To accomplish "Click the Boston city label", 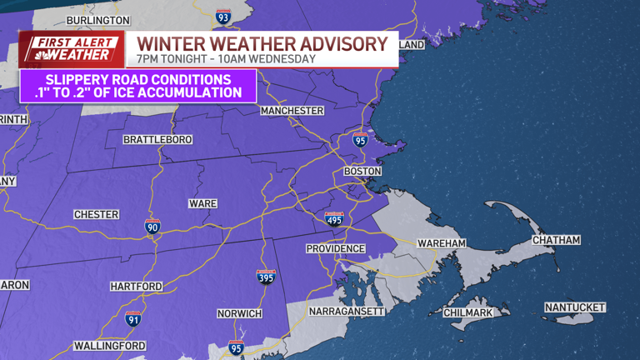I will click(x=362, y=171).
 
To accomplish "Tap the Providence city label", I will click(x=335, y=248).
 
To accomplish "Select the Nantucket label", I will click(x=575, y=307).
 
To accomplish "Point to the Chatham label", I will click(x=556, y=240).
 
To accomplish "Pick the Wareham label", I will click(x=442, y=242).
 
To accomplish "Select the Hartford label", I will click(x=136, y=286).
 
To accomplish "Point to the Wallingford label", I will click(x=109, y=345).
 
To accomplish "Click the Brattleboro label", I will click(x=157, y=138).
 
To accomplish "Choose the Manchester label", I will click(x=292, y=111).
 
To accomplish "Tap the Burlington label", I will click(x=98, y=19).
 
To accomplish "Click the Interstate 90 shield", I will click(x=152, y=226).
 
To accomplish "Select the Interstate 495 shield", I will click(x=333, y=219).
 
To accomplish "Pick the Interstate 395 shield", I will click(x=266, y=277).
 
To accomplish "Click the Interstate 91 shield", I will click(x=132, y=319).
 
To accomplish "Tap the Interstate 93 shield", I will click(x=223, y=16).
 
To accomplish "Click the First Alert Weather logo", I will click(x=72, y=49).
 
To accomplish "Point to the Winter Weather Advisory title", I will click(x=262, y=43).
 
